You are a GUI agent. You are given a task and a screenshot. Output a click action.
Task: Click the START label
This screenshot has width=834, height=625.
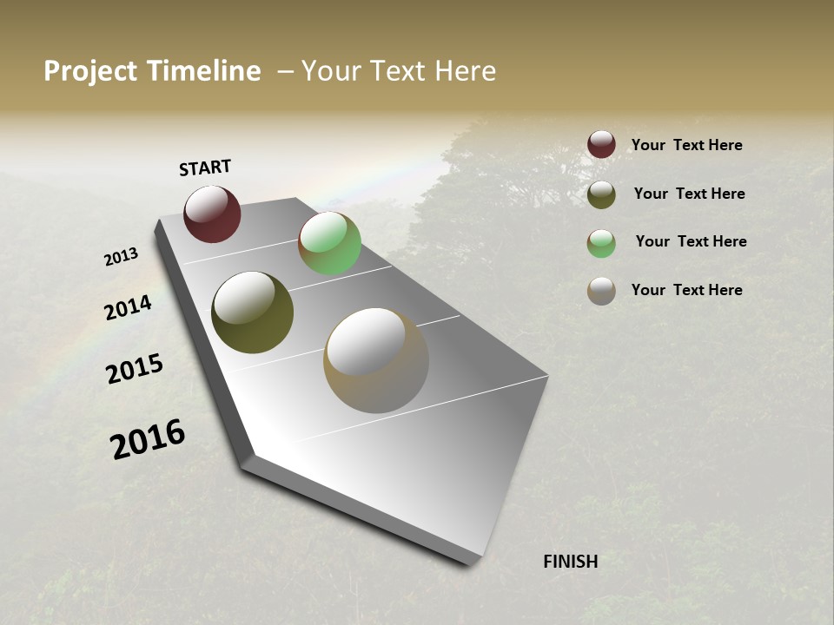click(x=205, y=168)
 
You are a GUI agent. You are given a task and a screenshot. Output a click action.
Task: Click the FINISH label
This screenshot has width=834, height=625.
click(x=571, y=562)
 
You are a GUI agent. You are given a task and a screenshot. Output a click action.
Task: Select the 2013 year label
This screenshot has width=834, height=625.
click(x=122, y=257)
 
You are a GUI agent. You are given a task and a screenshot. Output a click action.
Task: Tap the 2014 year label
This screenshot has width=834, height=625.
click(x=129, y=307)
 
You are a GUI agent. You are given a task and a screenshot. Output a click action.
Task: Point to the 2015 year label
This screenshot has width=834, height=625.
click(x=135, y=369)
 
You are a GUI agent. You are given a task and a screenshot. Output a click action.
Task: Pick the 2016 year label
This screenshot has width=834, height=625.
click(x=148, y=439)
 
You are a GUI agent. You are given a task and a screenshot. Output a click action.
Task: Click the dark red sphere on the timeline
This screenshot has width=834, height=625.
click(x=212, y=214)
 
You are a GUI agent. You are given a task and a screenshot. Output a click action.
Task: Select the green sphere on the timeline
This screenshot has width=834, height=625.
click(x=329, y=243)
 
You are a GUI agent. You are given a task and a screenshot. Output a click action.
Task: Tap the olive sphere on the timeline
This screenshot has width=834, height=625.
click(x=252, y=312)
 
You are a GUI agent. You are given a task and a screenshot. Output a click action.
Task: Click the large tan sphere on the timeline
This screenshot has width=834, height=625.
click(x=376, y=359)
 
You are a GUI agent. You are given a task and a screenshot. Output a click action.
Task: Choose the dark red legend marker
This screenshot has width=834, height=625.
click(x=601, y=144)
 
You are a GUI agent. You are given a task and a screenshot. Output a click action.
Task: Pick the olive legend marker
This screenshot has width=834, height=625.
click(x=601, y=194)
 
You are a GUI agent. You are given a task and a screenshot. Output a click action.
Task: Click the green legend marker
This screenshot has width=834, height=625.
click(x=601, y=243)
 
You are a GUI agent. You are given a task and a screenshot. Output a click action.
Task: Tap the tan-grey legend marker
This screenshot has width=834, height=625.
click(x=601, y=291)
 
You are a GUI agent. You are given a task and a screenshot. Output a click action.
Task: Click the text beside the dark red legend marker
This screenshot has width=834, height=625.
click(x=686, y=145)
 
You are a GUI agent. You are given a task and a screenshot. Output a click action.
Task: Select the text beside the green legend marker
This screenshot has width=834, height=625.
click(x=691, y=241)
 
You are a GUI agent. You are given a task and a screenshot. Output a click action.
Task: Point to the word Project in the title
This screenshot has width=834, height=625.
click(x=90, y=71)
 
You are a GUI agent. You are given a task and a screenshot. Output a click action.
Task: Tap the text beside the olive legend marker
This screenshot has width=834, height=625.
click(x=689, y=194)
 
